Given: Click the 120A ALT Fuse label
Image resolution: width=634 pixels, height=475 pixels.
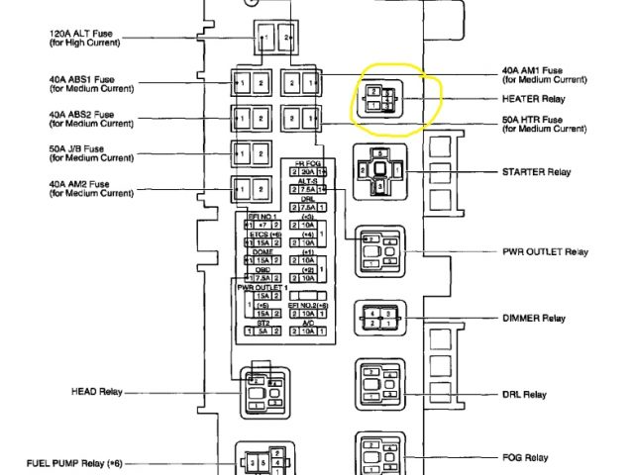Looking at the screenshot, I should coord(81,38).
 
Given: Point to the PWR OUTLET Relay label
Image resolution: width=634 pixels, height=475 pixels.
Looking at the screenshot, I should coord(546,251).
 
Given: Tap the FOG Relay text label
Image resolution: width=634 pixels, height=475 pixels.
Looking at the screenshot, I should coord(525,458).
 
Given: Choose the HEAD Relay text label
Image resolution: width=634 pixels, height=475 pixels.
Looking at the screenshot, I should coord(97,390).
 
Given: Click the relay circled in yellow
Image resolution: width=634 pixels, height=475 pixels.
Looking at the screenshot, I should coord(381,99).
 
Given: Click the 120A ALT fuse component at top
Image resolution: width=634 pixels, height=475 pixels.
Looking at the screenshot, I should coord(276,39).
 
